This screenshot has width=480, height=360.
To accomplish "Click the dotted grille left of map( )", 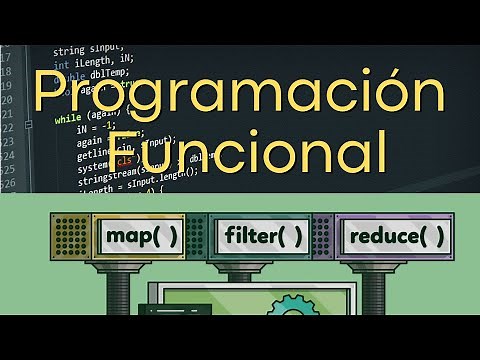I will pos(69,236).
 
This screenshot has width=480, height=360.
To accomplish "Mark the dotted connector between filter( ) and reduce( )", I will pos(322,237).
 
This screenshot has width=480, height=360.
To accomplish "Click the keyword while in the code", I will pos(67,117).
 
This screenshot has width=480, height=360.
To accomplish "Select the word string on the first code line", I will pos(69,50).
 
